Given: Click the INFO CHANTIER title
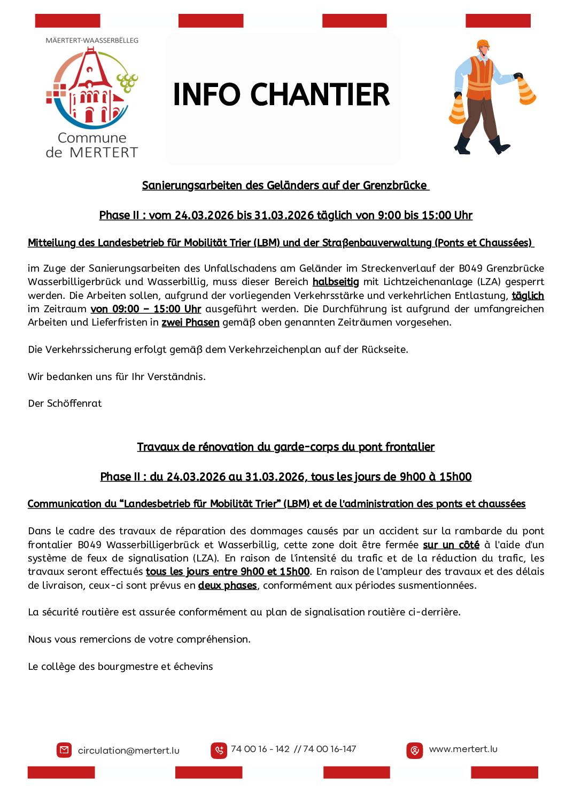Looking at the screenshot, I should click(281, 95).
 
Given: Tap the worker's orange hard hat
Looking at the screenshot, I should click(483, 44).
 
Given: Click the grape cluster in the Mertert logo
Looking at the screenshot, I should click(128, 82).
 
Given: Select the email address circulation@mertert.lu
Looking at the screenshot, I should click(128, 750).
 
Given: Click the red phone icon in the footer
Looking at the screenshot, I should click(219, 750).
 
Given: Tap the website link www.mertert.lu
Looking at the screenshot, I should click(463, 749).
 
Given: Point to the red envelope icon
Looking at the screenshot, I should click(64, 750).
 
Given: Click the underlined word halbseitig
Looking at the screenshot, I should click(336, 281).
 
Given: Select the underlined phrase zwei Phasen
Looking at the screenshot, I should click(190, 322).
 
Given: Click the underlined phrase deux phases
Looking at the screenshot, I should click(227, 585).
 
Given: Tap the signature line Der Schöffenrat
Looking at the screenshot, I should click(65, 403).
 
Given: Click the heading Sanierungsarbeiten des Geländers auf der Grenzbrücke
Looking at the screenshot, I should click(285, 185).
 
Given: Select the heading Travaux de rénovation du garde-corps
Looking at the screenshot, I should click(285, 447).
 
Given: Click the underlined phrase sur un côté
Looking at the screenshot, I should click(451, 544).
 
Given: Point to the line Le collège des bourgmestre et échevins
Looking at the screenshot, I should click(120, 666).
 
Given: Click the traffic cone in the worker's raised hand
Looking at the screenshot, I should click(526, 91).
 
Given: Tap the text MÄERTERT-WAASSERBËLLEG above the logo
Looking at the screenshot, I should click(92, 40).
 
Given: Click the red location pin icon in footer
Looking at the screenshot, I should click(414, 750).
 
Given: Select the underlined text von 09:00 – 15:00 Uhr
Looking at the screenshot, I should click(146, 308).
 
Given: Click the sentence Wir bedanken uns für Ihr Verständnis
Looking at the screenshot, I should click(117, 376).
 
